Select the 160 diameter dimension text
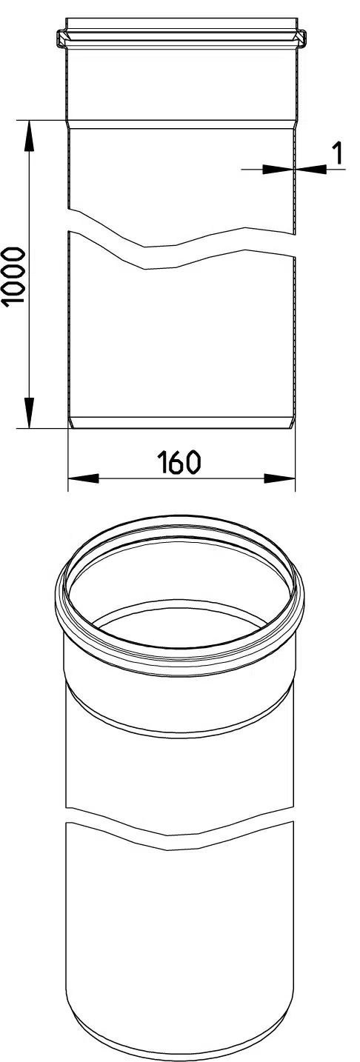pos(179,463)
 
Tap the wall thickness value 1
pos(337,153)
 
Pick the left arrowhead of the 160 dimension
pos(84,478)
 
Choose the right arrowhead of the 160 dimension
pos(279,478)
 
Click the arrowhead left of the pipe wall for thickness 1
pos(277,168)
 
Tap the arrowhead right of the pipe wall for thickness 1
pos(310,168)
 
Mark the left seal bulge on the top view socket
pos(61,39)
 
